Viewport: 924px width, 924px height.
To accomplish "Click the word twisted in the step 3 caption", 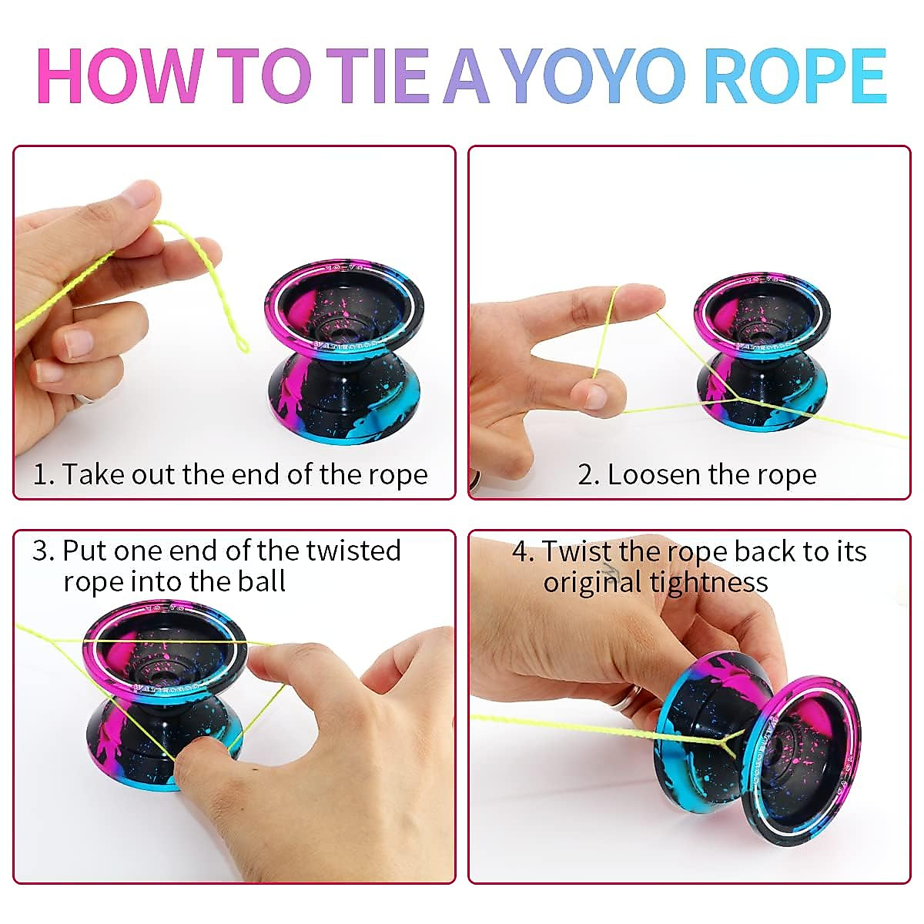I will point(353,551).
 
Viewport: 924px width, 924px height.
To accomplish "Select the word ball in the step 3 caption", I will point(261,581).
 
